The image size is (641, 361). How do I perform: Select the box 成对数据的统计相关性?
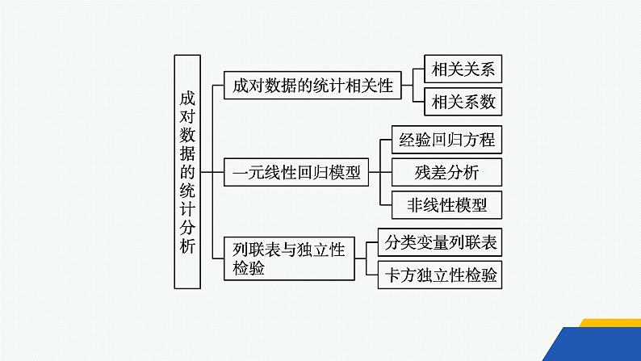pyautogui.click(x=312, y=86)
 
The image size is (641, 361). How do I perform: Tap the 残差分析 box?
pyautogui.click(x=446, y=172)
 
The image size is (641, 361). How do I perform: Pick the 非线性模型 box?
pyautogui.click(x=446, y=205)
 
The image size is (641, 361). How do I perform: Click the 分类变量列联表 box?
pyautogui.click(x=441, y=243)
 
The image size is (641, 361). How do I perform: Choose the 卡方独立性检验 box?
pyautogui.click(x=441, y=275)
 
